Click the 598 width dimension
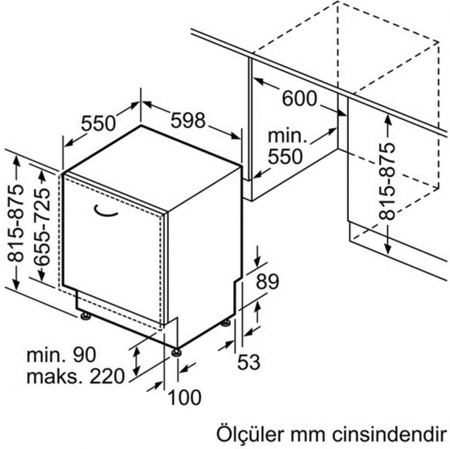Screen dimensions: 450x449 [x=188, y=120]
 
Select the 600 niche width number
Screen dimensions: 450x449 [x=299, y=98]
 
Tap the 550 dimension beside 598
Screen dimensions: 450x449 [x=98, y=124]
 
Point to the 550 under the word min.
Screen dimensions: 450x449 [x=285, y=156]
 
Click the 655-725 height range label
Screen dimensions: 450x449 [x=42, y=226]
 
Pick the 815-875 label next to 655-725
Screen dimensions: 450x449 [x=15, y=223]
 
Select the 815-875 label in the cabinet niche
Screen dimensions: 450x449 [x=386, y=181]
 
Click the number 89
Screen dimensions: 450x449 [x=267, y=281]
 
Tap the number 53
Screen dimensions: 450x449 [x=248, y=362]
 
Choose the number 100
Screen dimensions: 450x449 [x=184, y=397]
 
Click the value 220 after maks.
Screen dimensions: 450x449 [x=107, y=376]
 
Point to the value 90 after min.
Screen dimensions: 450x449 [x=84, y=355]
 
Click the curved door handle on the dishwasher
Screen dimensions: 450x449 [x=106, y=211]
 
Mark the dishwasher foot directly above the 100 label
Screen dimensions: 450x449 [x=176, y=352]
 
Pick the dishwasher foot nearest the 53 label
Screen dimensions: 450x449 [x=225, y=322]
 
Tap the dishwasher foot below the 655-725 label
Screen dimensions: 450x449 [x=85, y=316]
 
